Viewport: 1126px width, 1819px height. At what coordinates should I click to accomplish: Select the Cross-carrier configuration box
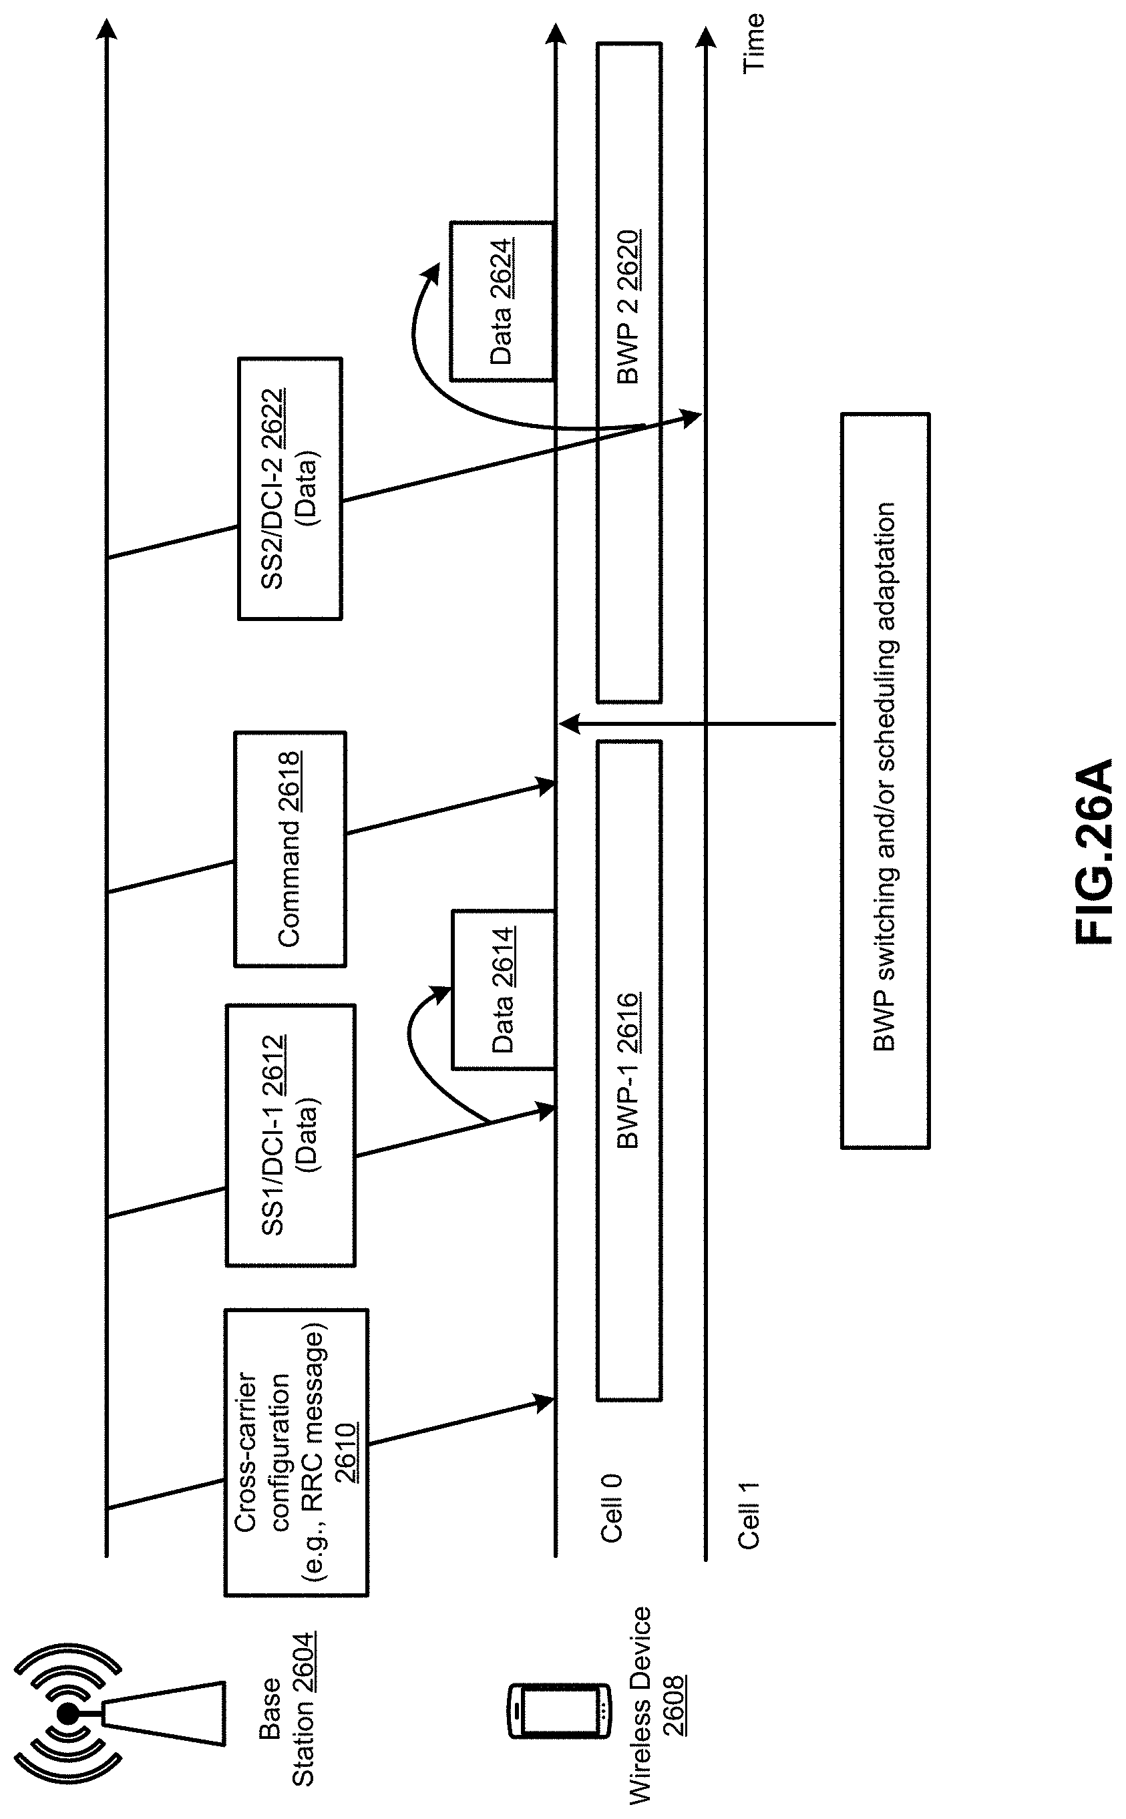coord(297,1452)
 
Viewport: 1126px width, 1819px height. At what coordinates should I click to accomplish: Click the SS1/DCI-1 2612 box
coord(291,1135)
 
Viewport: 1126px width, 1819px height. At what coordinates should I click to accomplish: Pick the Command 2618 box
coord(291,849)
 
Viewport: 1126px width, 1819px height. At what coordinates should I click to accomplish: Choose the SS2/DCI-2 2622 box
coord(290,488)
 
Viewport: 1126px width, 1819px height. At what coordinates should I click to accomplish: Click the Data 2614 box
coord(503,989)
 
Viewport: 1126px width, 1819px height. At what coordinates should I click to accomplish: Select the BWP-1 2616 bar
coord(628,1070)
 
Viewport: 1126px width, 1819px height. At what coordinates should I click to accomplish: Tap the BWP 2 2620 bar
coord(628,373)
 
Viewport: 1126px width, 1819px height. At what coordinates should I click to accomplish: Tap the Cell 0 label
coord(610,1508)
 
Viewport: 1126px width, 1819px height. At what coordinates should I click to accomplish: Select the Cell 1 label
coord(748,1515)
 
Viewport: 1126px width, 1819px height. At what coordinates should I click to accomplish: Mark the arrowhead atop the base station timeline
coord(108,30)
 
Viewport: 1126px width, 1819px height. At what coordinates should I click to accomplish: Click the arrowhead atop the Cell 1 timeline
coord(705,37)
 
